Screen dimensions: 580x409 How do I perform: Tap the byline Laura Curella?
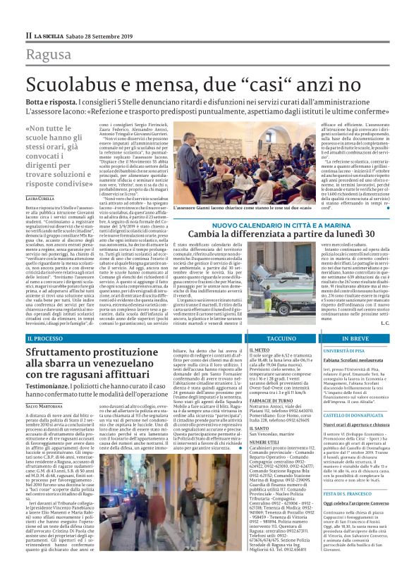pos(40,199)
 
